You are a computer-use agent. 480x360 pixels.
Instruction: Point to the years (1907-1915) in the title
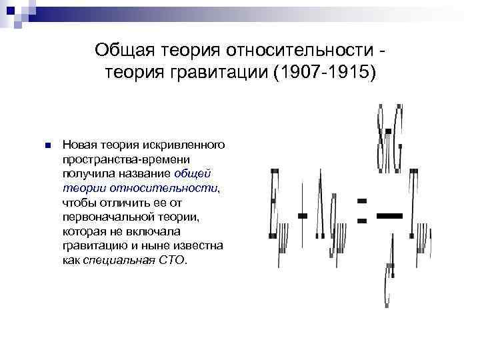322,71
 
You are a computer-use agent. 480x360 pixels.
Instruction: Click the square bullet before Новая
45,145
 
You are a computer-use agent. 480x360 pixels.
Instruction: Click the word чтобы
79,203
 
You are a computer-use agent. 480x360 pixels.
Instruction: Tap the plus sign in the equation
303,215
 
